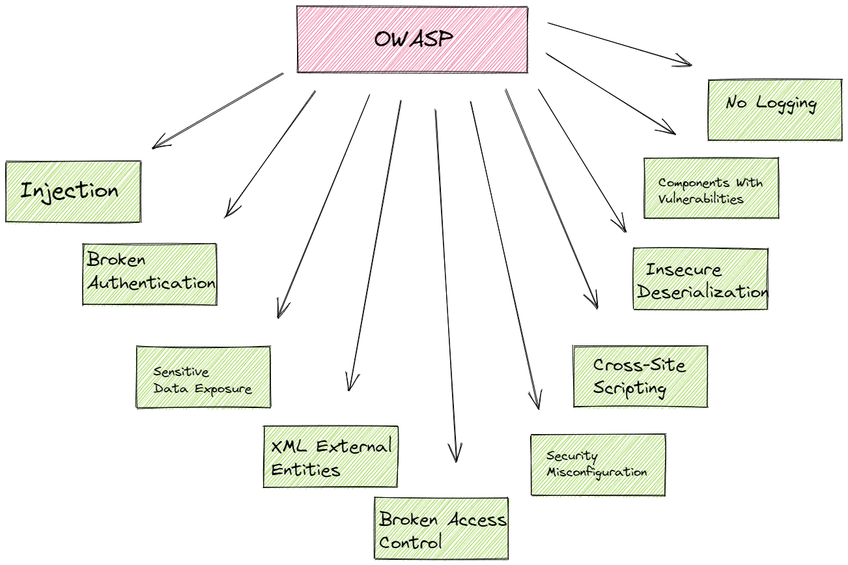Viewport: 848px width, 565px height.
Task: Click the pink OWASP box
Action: [412, 39]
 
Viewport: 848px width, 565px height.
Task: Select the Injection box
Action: [73, 192]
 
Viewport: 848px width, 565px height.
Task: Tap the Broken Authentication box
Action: [150, 274]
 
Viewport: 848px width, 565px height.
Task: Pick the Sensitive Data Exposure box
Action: [203, 377]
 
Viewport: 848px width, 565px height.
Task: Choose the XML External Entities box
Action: [330, 457]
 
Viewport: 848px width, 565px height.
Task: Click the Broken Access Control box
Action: [441, 529]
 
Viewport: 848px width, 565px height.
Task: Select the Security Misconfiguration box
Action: [598, 465]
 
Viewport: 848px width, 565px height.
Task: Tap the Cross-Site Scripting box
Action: [640, 376]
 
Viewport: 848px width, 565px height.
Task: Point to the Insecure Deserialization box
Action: [700, 279]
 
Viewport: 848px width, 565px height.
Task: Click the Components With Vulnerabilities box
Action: [711, 188]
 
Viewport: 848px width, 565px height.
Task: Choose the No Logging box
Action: [774, 109]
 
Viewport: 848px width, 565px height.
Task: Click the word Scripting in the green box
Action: [630, 388]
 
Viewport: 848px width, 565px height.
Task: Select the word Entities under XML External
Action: [305, 470]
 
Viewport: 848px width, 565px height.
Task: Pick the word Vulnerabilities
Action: [700, 199]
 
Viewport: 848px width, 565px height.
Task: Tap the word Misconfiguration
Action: [597, 472]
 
